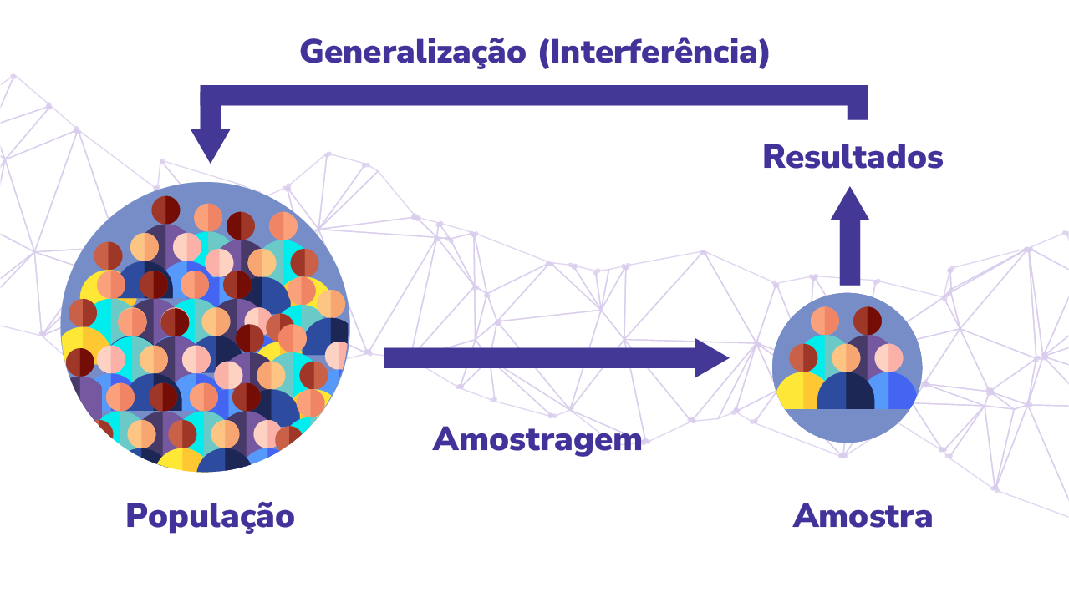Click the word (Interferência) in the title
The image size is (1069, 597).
click(654, 53)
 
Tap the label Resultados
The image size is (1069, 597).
click(853, 158)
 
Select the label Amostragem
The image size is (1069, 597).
click(537, 439)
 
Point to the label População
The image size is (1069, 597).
click(210, 516)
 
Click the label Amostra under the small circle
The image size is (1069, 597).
click(863, 516)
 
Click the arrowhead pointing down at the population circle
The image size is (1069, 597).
click(211, 145)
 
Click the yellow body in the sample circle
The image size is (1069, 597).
click(801, 391)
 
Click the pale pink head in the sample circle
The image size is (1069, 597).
click(888, 357)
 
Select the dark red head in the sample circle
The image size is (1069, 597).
click(868, 321)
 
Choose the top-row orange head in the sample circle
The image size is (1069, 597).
click(825, 321)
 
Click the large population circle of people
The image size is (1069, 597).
click(205, 326)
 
